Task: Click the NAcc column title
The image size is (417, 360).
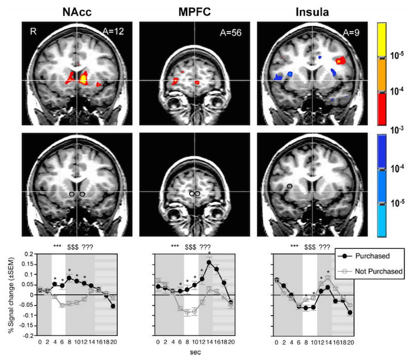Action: coord(76,11)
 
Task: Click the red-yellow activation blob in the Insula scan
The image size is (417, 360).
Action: coord(340,59)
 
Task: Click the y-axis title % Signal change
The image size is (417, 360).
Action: coord(11,294)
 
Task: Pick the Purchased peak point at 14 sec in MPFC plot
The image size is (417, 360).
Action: coord(209,262)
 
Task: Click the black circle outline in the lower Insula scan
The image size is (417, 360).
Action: coord(289,185)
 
